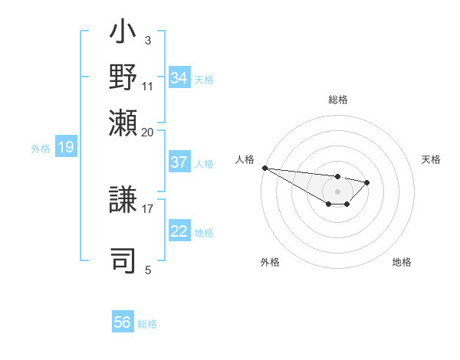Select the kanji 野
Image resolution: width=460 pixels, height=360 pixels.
[x=123, y=78]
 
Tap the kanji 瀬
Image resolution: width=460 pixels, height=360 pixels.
[x=123, y=123]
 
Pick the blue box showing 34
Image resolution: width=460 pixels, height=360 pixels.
[x=179, y=78]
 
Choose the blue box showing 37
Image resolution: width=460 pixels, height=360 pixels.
[x=179, y=163]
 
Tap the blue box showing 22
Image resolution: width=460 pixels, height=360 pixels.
[x=179, y=232]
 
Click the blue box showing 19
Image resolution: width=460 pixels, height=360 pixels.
[x=65, y=147]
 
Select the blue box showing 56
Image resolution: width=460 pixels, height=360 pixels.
[x=123, y=323]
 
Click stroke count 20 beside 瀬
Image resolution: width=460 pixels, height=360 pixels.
[x=148, y=131]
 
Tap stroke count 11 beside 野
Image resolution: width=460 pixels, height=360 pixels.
[x=148, y=85]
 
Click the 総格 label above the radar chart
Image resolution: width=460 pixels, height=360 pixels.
[x=337, y=100]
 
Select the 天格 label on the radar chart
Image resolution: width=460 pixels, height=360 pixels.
[x=432, y=159]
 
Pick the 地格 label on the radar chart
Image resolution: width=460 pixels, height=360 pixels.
[x=402, y=262]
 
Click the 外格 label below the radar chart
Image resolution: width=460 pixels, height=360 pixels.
[x=270, y=262]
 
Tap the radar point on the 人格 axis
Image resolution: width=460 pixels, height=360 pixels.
[x=264, y=168]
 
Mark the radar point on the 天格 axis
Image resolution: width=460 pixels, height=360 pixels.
[x=367, y=182]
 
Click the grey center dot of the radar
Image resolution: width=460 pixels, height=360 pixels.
[x=337, y=191]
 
